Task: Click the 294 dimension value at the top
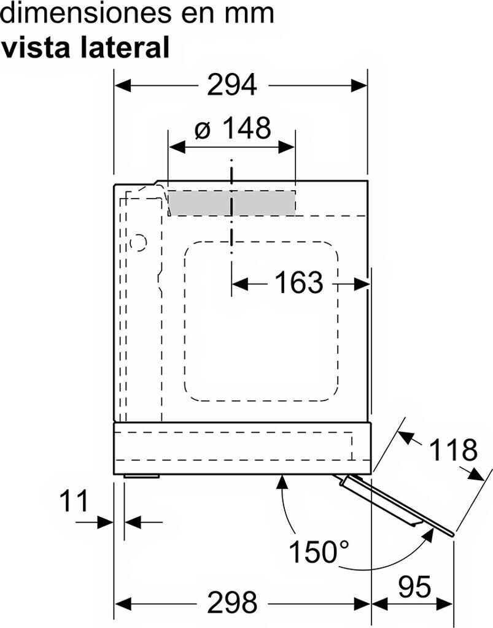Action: pos(231,85)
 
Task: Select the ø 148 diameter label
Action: pos(233,128)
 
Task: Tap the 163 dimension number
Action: pos(298,282)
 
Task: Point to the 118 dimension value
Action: pos(453,450)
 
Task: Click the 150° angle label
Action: pos(319,551)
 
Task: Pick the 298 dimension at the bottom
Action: pos(231,602)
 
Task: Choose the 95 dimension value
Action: pos(414,587)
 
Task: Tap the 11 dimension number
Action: pos(74,501)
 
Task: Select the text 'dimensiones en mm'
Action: pos(138,13)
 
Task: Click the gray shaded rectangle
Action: pos(231,202)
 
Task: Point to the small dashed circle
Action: pos(139,242)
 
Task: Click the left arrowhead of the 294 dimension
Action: pos(123,85)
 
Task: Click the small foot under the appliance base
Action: pos(142,476)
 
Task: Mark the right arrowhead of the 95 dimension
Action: pos(444,603)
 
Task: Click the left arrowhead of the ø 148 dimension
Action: pos(177,147)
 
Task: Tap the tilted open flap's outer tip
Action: pos(452,534)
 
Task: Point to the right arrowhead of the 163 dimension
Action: pos(361,285)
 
